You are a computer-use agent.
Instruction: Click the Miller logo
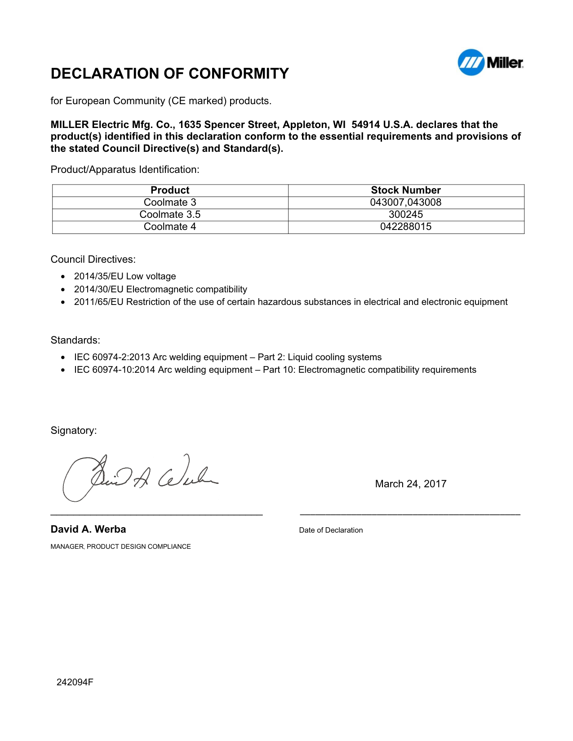[x=490, y=62]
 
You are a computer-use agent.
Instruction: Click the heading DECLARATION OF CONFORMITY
[x=169, y=74]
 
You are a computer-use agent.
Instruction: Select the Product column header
[x=170, y=190]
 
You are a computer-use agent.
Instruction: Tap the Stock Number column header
[x=406, y=190]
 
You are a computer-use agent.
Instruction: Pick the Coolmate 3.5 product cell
[x=170, y=215]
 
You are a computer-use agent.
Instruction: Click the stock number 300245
[x=406, y=215]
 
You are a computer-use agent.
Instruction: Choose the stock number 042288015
[x=406, y=227]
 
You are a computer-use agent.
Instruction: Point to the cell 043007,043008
[x=406, y=203]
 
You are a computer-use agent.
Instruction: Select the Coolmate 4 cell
[x=170, y=227]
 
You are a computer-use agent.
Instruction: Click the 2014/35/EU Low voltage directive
[x=125, y=277]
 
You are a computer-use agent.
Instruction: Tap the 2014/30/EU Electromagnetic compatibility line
[x=160, y=290]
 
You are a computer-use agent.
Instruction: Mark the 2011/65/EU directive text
[x=291, y=302]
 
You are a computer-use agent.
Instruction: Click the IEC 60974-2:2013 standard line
[x=228, y=357]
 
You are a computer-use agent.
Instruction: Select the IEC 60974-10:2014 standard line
[x=275, y=370]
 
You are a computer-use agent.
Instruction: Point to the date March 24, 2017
[x=411, y=484]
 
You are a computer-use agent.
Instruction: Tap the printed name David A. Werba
[x=88, y=529]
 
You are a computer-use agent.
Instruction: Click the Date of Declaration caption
[x=331, y=530]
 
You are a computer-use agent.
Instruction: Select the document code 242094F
[x=75, y=683]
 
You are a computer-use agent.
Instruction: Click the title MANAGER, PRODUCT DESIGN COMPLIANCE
[x=120, y=547]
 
